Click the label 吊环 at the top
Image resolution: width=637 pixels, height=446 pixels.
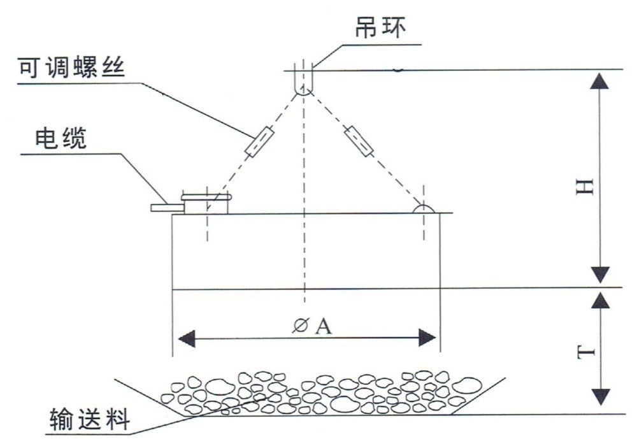coord(380,29)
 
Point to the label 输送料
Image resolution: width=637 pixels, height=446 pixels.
coord(90,421)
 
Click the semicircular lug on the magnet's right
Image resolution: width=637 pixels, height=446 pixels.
coord(424,208)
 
